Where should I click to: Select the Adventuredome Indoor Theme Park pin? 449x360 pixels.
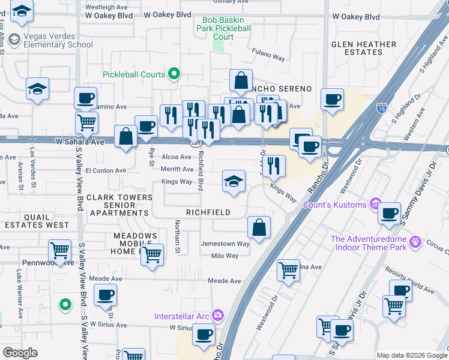[415, 244]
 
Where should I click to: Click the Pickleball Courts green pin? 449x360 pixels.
[175, 74]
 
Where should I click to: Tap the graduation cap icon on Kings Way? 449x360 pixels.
[234, 181]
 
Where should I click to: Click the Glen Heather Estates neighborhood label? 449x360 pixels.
[364, 48]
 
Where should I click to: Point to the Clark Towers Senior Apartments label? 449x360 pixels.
[119, 205]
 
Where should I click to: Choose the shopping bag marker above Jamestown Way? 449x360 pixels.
[259, 227]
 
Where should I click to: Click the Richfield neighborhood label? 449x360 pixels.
[208, 212]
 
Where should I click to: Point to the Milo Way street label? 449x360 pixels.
[224, 256]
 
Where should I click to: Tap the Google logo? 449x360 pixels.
[20, 353]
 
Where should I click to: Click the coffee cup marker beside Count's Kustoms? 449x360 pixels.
[389, 213]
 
